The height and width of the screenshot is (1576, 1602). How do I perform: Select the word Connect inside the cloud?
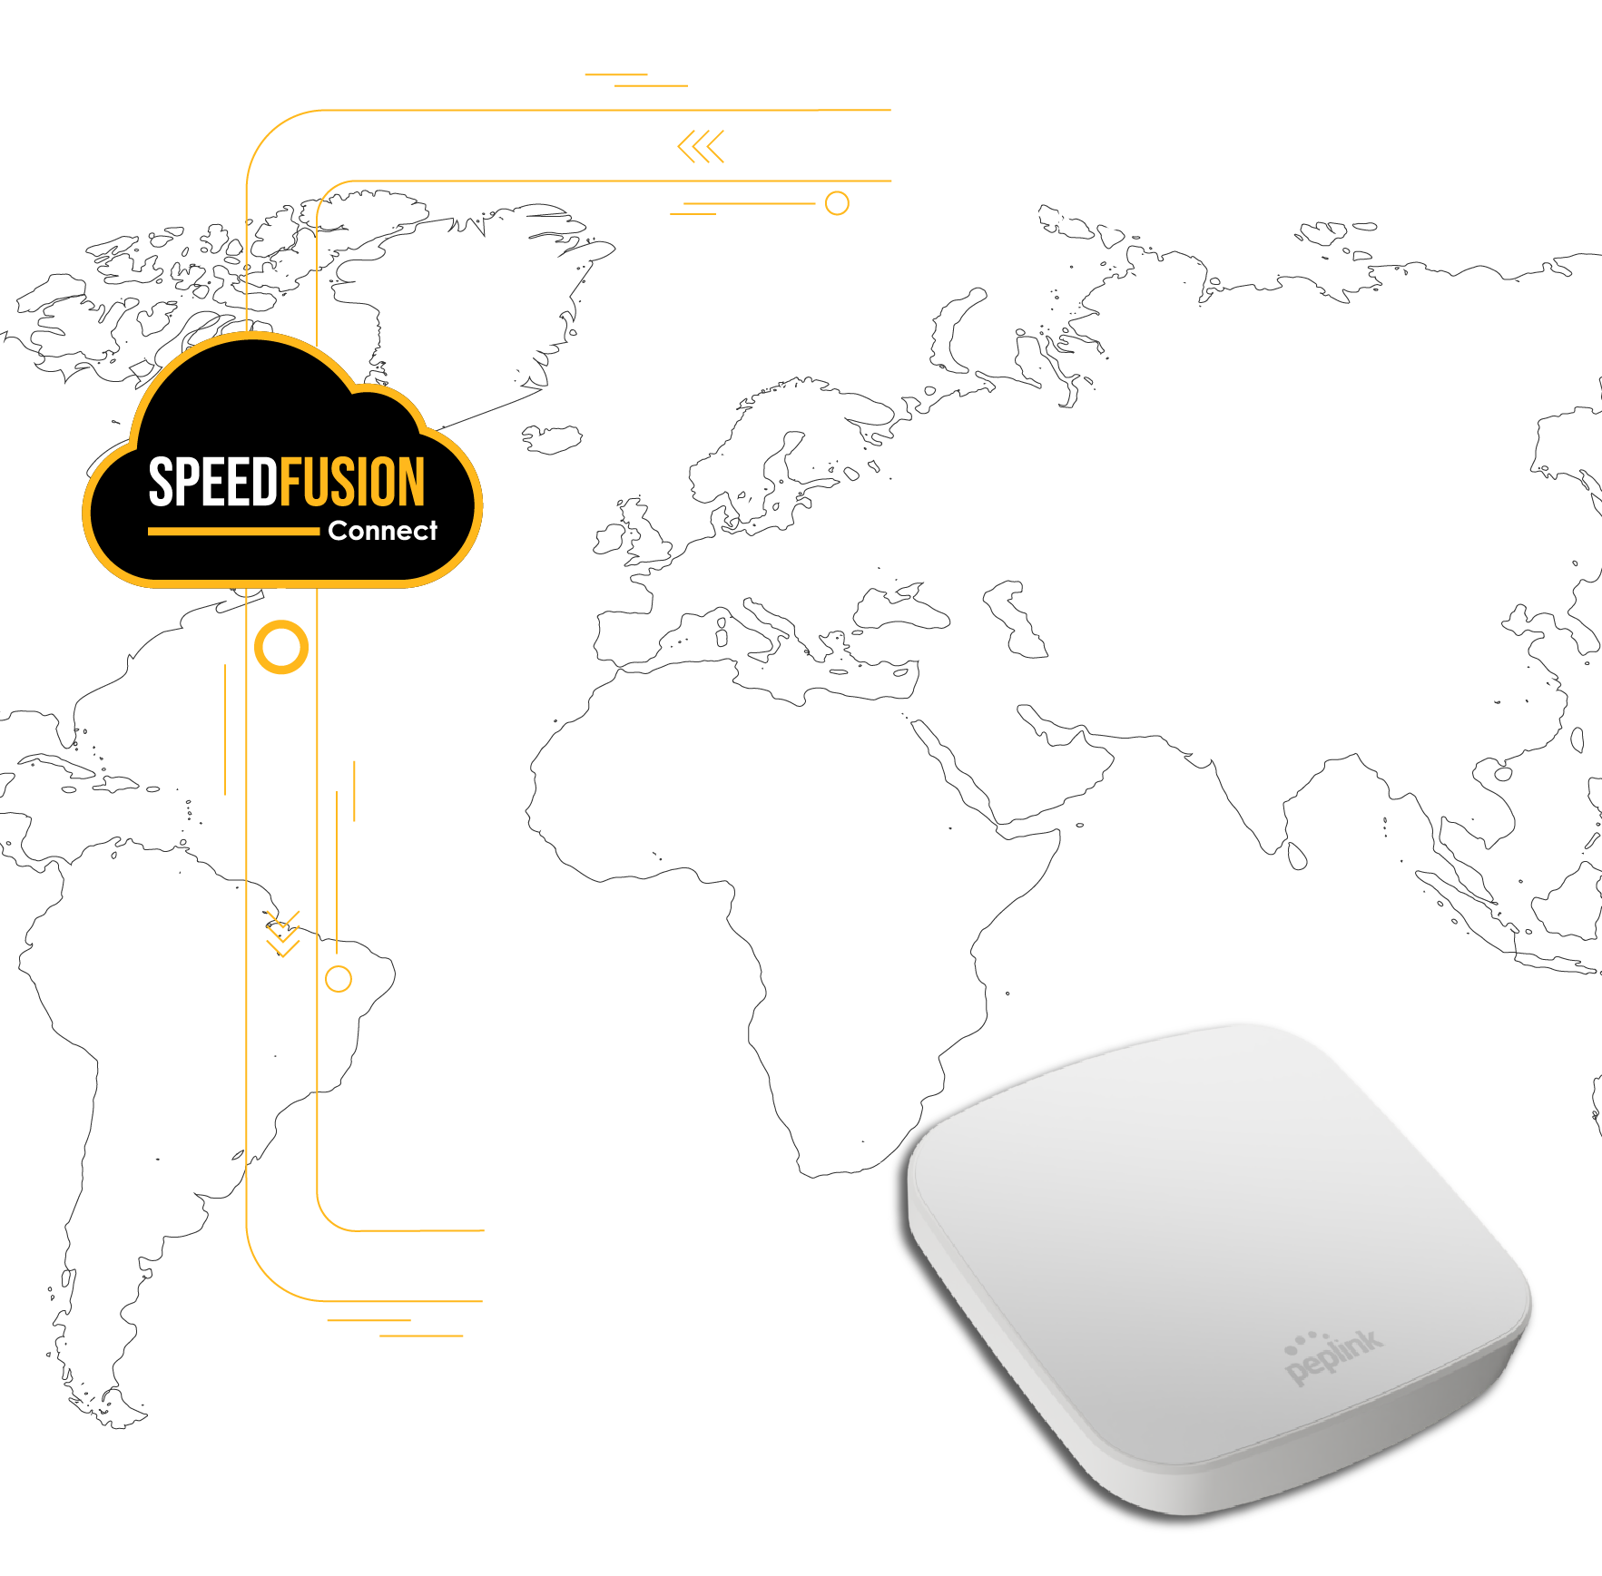[382, 531]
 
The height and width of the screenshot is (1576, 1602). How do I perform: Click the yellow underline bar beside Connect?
[233, 532]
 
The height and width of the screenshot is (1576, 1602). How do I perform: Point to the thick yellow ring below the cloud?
[281, 648]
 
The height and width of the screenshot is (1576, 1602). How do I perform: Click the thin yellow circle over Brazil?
[339, 979]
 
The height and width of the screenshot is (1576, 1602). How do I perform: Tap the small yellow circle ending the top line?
[837, 203]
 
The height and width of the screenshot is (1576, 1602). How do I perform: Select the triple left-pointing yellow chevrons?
[701, 146]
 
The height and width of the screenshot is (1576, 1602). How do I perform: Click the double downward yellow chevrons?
[283, 934]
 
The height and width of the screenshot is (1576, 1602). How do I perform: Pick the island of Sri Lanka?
[1297, 856]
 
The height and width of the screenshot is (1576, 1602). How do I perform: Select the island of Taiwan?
[1577, 739]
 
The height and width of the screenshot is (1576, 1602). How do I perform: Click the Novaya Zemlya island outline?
[955, 331]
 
